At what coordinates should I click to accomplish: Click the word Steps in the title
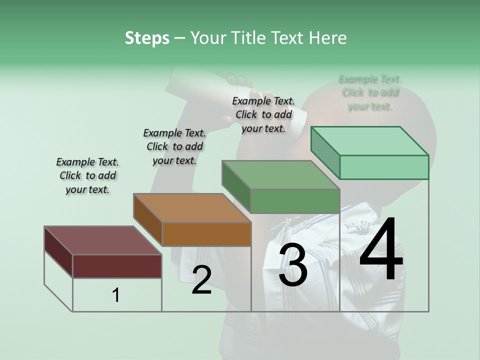tap(147, 38)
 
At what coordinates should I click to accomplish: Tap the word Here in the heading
tap(328, 38)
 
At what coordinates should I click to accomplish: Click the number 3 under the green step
tap(293, 265)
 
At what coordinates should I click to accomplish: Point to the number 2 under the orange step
tap(201, 280)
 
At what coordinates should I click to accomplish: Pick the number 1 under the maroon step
tap(116, 295)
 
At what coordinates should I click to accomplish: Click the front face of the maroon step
tap(117, 266)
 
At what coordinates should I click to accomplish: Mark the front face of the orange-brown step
tap(206, 234)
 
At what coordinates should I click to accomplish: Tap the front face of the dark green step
tap(295, 201)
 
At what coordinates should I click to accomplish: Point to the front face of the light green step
tap(384, 167)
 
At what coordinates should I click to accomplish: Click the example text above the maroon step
tap(87, 175)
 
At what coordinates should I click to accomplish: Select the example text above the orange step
tap(174, 146)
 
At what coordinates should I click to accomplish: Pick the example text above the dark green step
tap(263, 114)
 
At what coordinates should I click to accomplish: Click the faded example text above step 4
tap(370, 92)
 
